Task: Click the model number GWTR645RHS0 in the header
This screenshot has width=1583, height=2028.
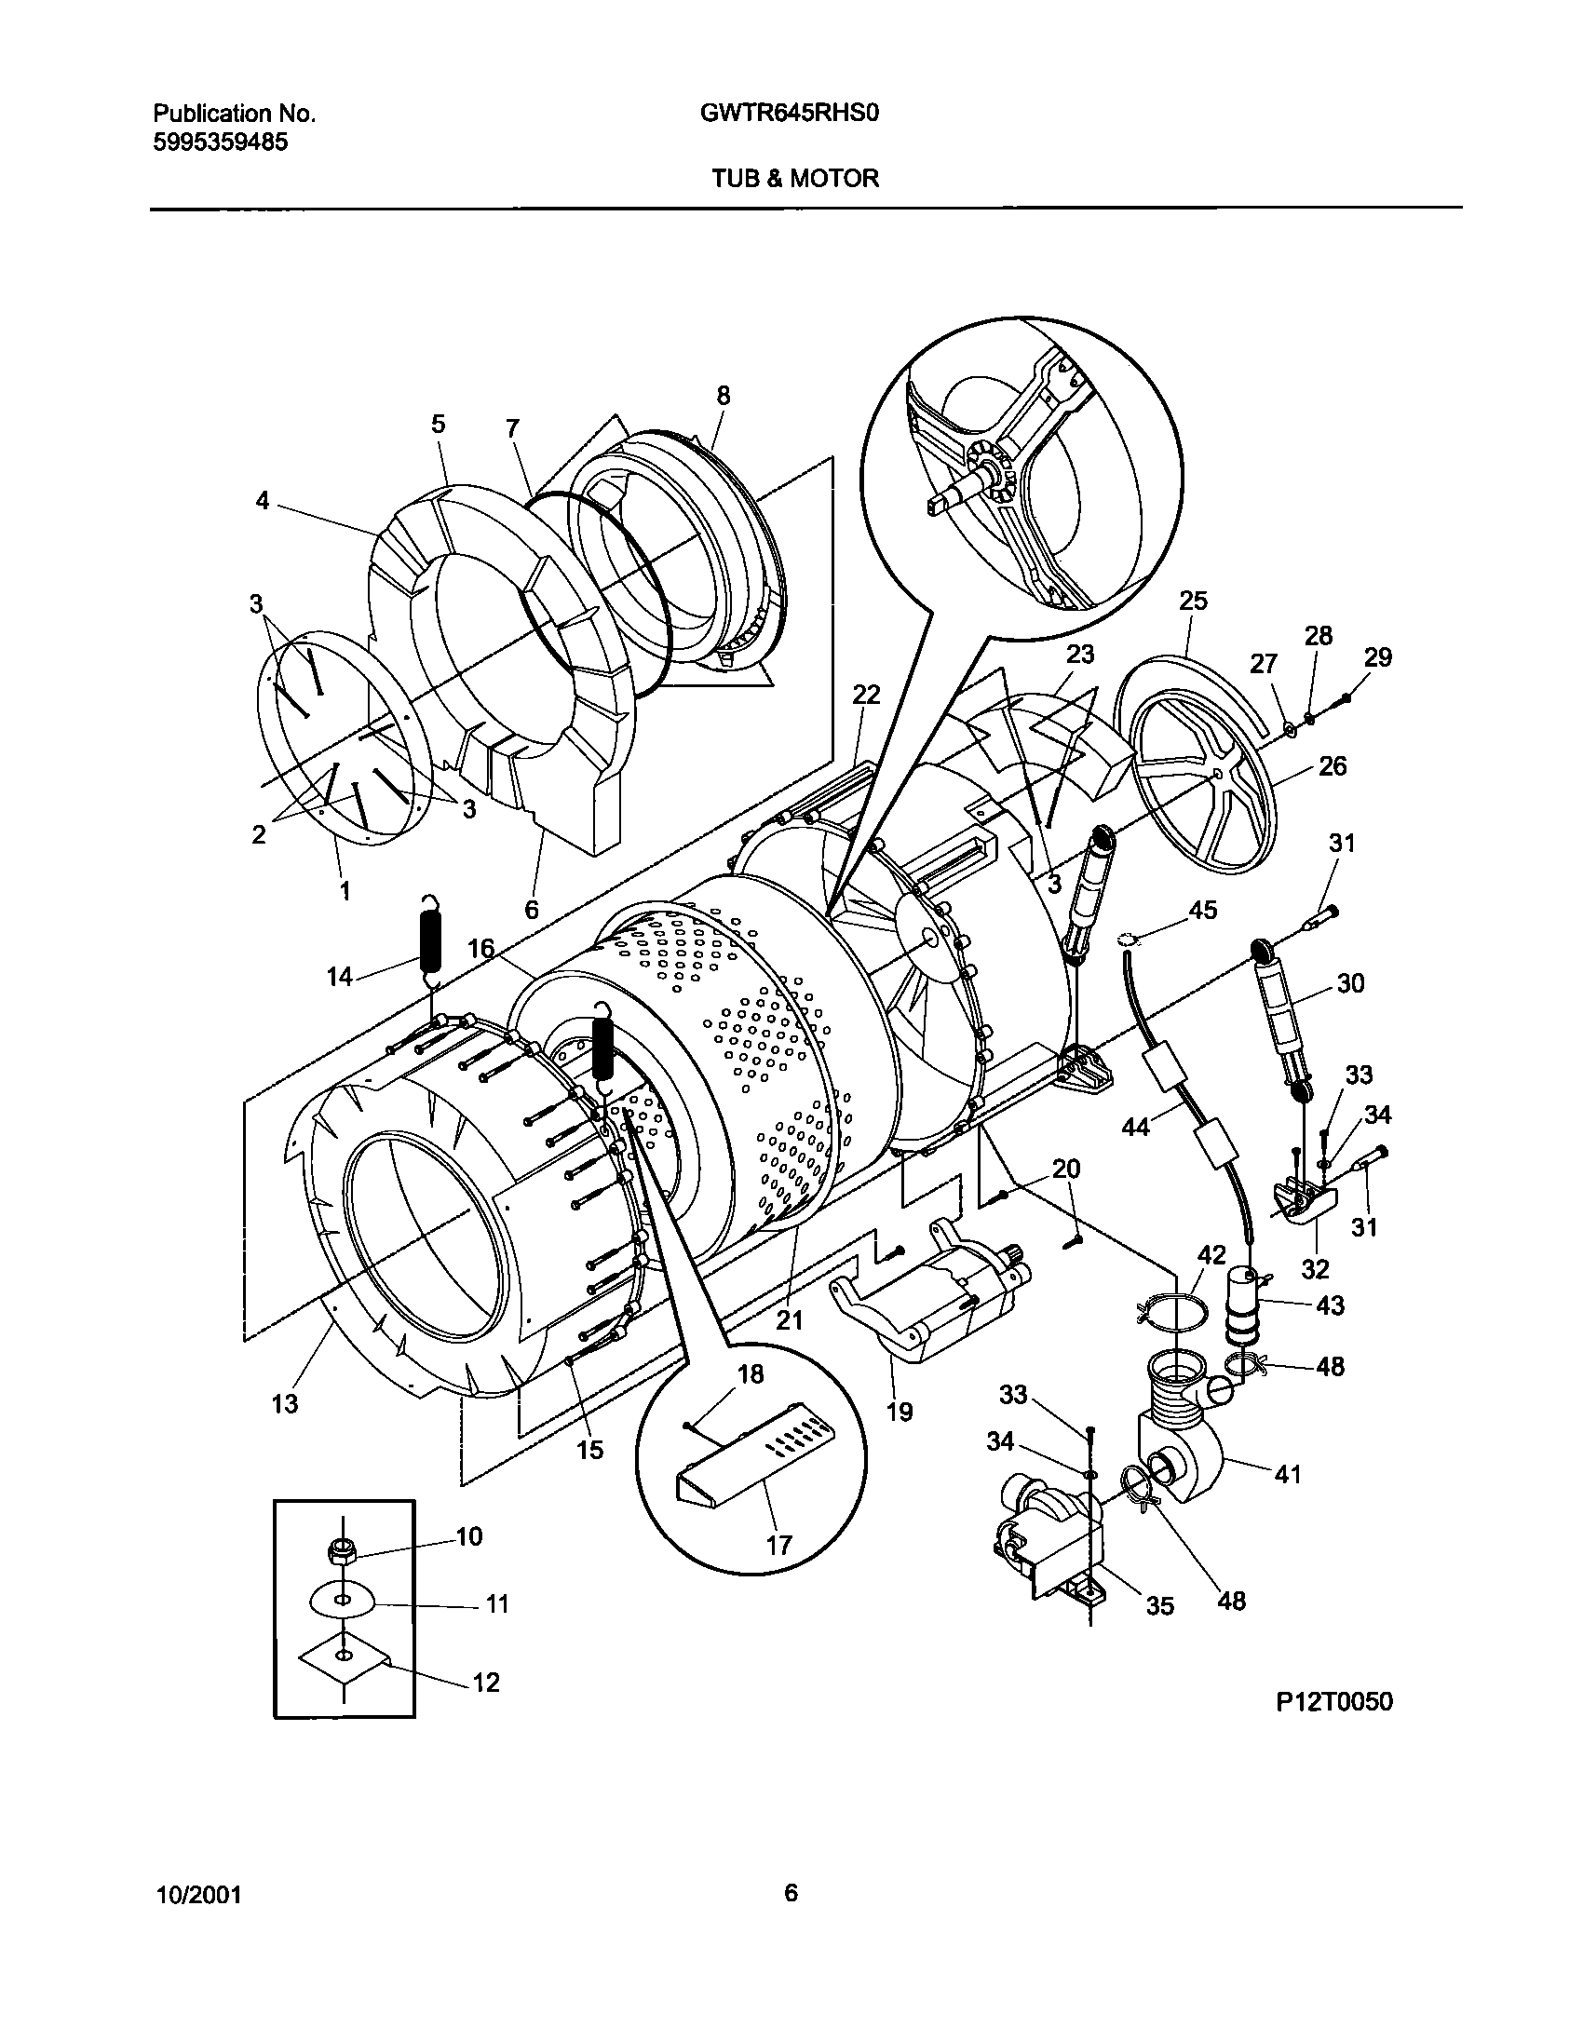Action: pyautogui.click(x=790, y=114)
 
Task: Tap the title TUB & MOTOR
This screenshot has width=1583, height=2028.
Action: pyautogui.click(x=794, y=178)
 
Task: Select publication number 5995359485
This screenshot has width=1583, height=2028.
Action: pyautogui.click(x=220, y=142)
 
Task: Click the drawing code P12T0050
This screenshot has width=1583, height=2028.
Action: pyautogui.click(x=1333, y=1701)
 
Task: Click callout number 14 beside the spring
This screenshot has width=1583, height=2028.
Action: pyautogui.click(x=339, y=976)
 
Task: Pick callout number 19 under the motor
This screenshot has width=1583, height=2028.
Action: pyautogui.click(x=899, y=1412)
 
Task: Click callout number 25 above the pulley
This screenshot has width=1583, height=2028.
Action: pyautogui.click(x=1193, y=601)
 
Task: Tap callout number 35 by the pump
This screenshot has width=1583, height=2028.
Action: pyautogui.click(x=1159, y=1605)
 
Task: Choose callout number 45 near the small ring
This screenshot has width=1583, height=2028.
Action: pyautogui.click(x=1203, y=910)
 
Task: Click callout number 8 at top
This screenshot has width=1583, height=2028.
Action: pyautogui.click(x=724, y=396)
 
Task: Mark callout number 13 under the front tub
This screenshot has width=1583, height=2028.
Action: pyautogui.click(x=284, y=1403)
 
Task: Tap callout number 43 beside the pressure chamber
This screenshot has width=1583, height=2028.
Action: pyautogui.click(x=1330, y=1305)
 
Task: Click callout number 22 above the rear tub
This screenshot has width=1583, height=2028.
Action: pyautogui.click(x=866, y=695)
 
